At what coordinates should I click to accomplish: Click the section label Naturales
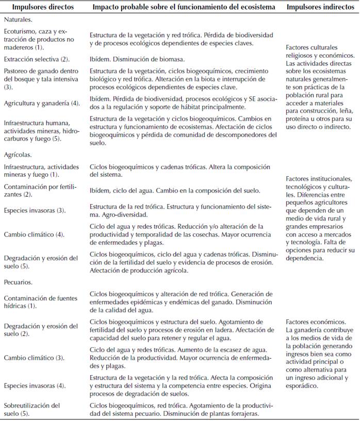click(x=19, y=19)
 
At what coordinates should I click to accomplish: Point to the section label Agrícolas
click(x=18, y=154)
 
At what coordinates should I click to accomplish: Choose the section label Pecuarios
click(x=19, y=283)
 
